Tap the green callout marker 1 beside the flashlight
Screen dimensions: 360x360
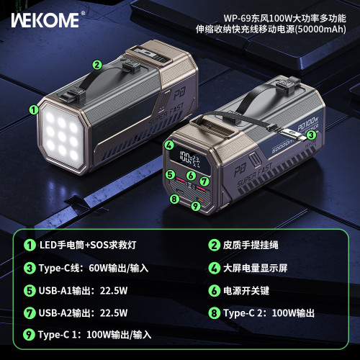pos(33,110)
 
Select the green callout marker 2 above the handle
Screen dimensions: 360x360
pos(96,64)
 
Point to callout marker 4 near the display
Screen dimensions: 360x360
pos(168,145)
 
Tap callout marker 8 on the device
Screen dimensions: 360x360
pos(174,199)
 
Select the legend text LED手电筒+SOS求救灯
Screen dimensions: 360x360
pos(93,245)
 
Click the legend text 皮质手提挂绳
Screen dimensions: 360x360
pos(256,245)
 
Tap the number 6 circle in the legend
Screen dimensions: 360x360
pos(215,290)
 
